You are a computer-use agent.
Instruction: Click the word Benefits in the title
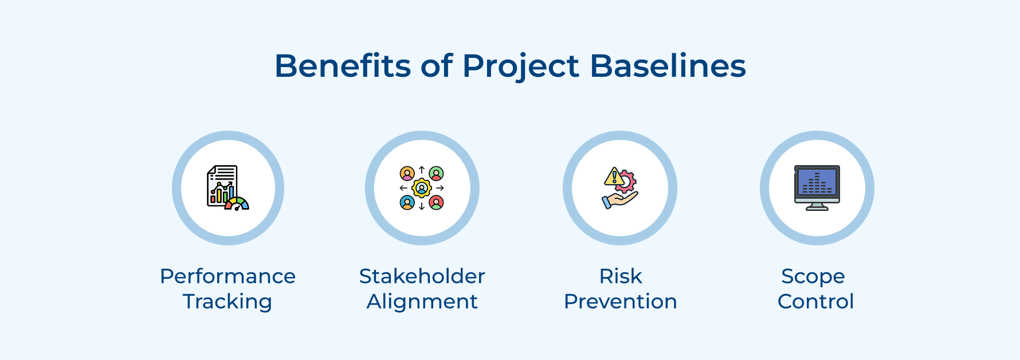[342, 66]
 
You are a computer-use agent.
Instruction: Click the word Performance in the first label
[227, 276]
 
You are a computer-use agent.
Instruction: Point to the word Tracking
[227, 302]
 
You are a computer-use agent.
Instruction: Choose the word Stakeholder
[422, 276]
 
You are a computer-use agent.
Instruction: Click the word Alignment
[422, 302]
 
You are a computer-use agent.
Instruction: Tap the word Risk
[620, 276]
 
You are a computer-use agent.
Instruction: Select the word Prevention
[620, 302]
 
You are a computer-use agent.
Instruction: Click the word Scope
[813, 277]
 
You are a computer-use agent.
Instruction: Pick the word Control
[815, 302]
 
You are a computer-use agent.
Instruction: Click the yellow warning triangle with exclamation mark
[613, 177]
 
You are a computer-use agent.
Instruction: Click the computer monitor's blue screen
[817, 181]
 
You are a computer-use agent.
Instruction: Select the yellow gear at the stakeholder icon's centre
[422, 188]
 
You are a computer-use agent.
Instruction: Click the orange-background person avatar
[407, 174]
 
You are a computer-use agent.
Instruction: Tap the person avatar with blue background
[407, 202]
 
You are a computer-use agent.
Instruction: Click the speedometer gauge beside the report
[237, 204]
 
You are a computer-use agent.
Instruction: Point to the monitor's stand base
[817, 209]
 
